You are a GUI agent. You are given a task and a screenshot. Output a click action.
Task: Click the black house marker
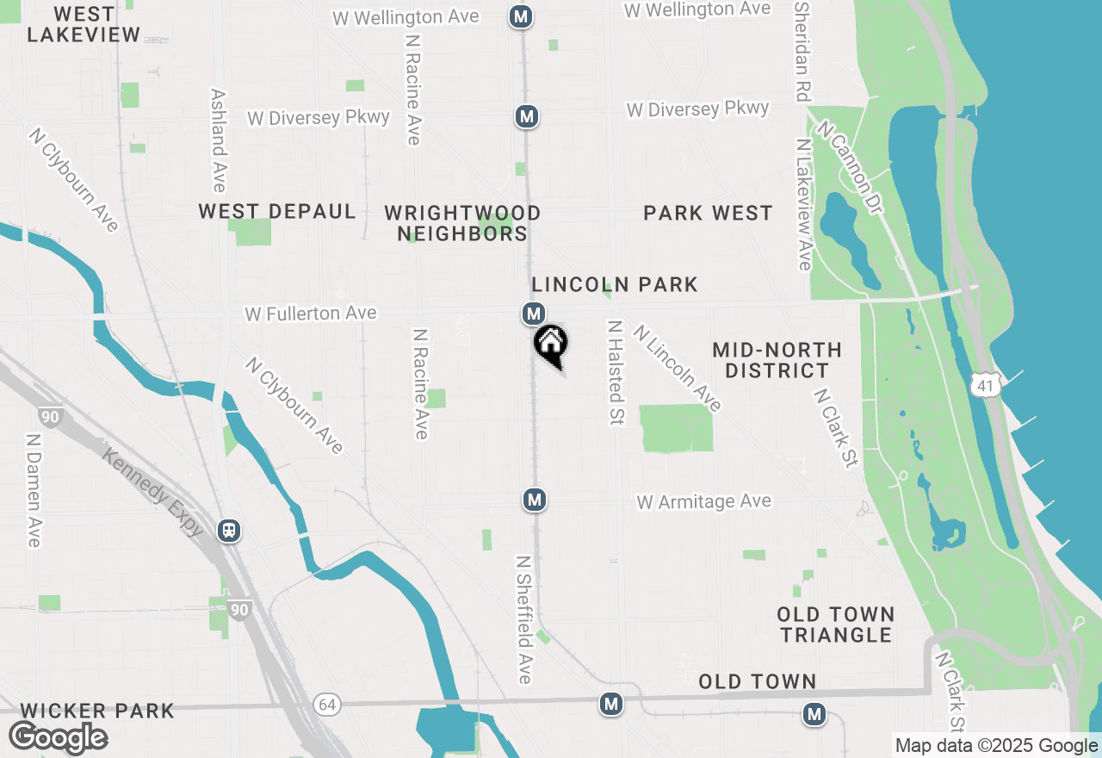click(x=551, y=344)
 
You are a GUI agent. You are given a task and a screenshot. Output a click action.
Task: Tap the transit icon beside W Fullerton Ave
click(x=533, y=313)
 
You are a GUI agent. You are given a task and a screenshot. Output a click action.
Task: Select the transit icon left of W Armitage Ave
click(x=535, y=499)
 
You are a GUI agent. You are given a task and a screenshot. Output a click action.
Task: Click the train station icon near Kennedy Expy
click(x=229, y=530)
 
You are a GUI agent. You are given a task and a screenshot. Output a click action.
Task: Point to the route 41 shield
click(x=986, y=386)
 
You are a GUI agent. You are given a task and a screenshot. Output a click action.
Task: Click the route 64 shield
click(x=326, y=705)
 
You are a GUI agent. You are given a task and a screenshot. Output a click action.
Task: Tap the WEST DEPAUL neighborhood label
click(x=276, y=212)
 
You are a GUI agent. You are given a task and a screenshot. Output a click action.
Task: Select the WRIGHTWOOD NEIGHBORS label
click(x=462, y=223)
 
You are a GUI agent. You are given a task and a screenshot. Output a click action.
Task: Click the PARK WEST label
click(x=708, y=214)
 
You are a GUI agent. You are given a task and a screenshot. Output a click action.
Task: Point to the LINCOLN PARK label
click(x=614, y=285)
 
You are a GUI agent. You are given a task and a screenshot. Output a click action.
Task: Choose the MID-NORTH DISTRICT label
click(x=777, y=360)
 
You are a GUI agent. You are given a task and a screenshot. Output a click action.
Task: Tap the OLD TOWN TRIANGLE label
click(x=835, y=624)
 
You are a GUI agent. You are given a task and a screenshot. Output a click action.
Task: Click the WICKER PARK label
click(x=96, y=711)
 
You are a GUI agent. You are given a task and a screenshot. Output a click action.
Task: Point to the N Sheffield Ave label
click(x=523, y=618)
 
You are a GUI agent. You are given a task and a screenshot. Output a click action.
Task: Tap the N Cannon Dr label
click(x=851, y=169)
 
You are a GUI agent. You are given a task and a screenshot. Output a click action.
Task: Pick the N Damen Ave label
click(x=34, y=488)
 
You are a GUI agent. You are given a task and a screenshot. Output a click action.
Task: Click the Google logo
click(x=58, y=737)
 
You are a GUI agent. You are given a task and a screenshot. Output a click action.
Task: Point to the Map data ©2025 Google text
click(x=995, y=746)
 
